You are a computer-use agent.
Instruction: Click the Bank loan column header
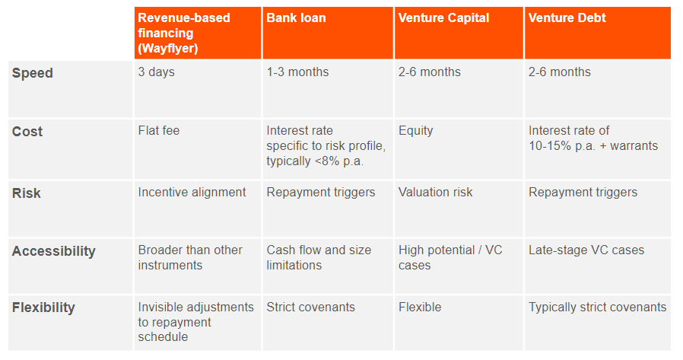[x=296, y=18]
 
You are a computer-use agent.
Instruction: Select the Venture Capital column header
[x=444, y=18]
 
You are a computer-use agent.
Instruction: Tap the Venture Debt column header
[x=567, y=18]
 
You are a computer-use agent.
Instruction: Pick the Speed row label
[x=33, y=73]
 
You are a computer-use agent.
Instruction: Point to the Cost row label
[x=27, y=132]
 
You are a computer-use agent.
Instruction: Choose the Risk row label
[x=27, y=193]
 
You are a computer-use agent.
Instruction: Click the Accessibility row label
[x=54, y=251]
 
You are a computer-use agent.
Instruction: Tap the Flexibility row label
[x=43, y=307]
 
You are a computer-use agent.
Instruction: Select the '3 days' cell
[x=157, y=72]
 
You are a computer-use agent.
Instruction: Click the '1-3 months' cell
[x=297, y=72]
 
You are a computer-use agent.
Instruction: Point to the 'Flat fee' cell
[x=159, y=131]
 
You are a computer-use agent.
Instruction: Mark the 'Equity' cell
[x=416, y=131]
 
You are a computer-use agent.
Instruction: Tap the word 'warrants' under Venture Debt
[x=634, y=146]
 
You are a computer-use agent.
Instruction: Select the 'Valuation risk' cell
[x=436, y=193]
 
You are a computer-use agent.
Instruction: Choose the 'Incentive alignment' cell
[x=192, y=193]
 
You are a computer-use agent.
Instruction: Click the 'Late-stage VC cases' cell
[x=586, y=250]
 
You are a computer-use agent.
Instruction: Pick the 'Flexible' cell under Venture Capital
[x=420, y=307]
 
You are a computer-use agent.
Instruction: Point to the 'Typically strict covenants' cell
[x=598, y=307]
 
